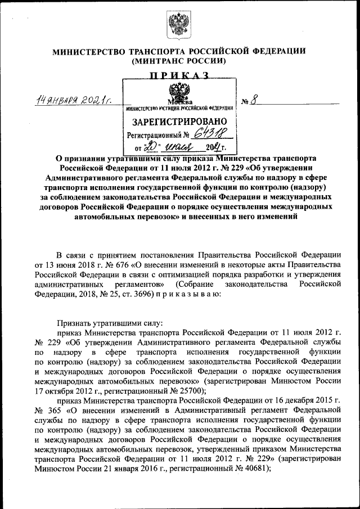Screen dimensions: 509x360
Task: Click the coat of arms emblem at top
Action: click(179, 26)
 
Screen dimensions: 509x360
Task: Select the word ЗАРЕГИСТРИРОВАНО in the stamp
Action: click(179, 121)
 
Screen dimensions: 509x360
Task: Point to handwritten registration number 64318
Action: click(211, 134)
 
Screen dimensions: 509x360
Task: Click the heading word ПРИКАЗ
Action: click(179, 75)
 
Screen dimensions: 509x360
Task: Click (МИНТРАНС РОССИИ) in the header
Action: click(179, 61)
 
